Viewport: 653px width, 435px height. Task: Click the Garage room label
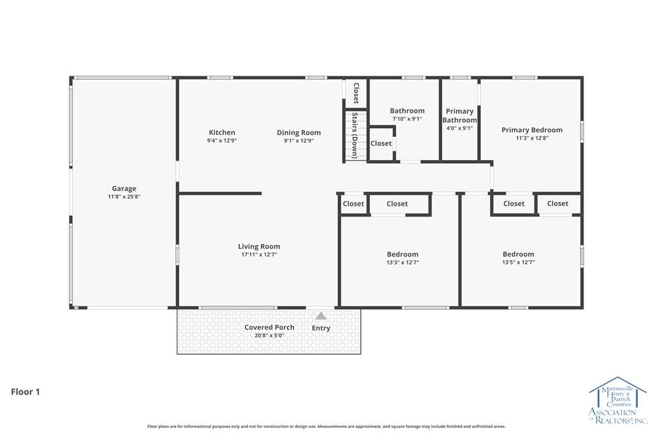coord(124,189)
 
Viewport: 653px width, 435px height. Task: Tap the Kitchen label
coord(222,132)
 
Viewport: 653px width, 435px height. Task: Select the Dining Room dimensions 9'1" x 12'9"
coord(298,141)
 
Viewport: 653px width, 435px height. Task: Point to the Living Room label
coord(259,246)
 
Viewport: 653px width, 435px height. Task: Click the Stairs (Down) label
coord(355,135)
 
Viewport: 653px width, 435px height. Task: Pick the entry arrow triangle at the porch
coord(321,316)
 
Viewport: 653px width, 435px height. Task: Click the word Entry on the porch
coord(321,328)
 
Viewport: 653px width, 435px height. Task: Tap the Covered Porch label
coord(270,327)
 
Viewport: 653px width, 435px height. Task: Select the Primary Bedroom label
coord(532,130)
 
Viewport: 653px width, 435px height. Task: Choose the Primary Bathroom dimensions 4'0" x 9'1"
coord(459,128)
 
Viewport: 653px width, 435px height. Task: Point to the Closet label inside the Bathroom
coord(381,143)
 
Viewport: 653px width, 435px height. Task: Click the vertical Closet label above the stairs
coord(356,93)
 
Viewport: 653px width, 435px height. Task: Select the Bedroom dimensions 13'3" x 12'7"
coord(403,262)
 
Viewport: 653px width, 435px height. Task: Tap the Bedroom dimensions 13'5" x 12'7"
coord(518,262)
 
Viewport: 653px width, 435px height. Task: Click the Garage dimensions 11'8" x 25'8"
coord(124,196)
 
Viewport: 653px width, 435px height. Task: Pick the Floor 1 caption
coord(26,392)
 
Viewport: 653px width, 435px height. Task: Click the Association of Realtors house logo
coord(618,400)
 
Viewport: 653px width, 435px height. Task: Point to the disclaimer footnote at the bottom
coord(326,426)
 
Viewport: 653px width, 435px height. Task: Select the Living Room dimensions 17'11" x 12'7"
coord(259,255)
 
